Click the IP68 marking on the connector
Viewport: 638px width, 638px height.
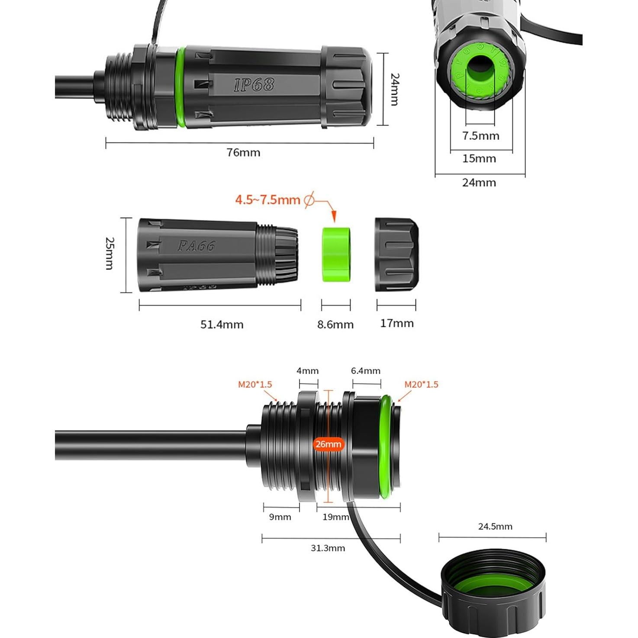click(254, 84)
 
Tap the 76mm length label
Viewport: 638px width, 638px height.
click(244, 152)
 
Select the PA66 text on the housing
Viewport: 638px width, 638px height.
click(196, 246)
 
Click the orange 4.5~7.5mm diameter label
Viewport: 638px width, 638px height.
click(267, 200)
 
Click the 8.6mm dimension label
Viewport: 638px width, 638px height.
click(335, 324)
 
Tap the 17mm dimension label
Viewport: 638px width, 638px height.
click(397, 323)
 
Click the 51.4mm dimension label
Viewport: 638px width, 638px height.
click(222, 324)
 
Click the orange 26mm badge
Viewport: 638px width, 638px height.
click(328, 444)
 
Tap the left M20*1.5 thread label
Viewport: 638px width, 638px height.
click(255, 384)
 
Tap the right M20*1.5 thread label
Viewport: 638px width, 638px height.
click(421, 384)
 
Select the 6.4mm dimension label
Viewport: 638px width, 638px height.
click(366, 371)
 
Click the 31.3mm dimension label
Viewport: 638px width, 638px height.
click(328, 548)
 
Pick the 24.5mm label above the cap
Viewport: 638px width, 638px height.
click(495, 526)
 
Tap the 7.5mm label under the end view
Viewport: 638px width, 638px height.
click(480, 136)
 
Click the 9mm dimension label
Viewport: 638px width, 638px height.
click(280, 517)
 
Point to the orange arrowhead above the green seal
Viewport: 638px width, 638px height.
click(333, 218)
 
